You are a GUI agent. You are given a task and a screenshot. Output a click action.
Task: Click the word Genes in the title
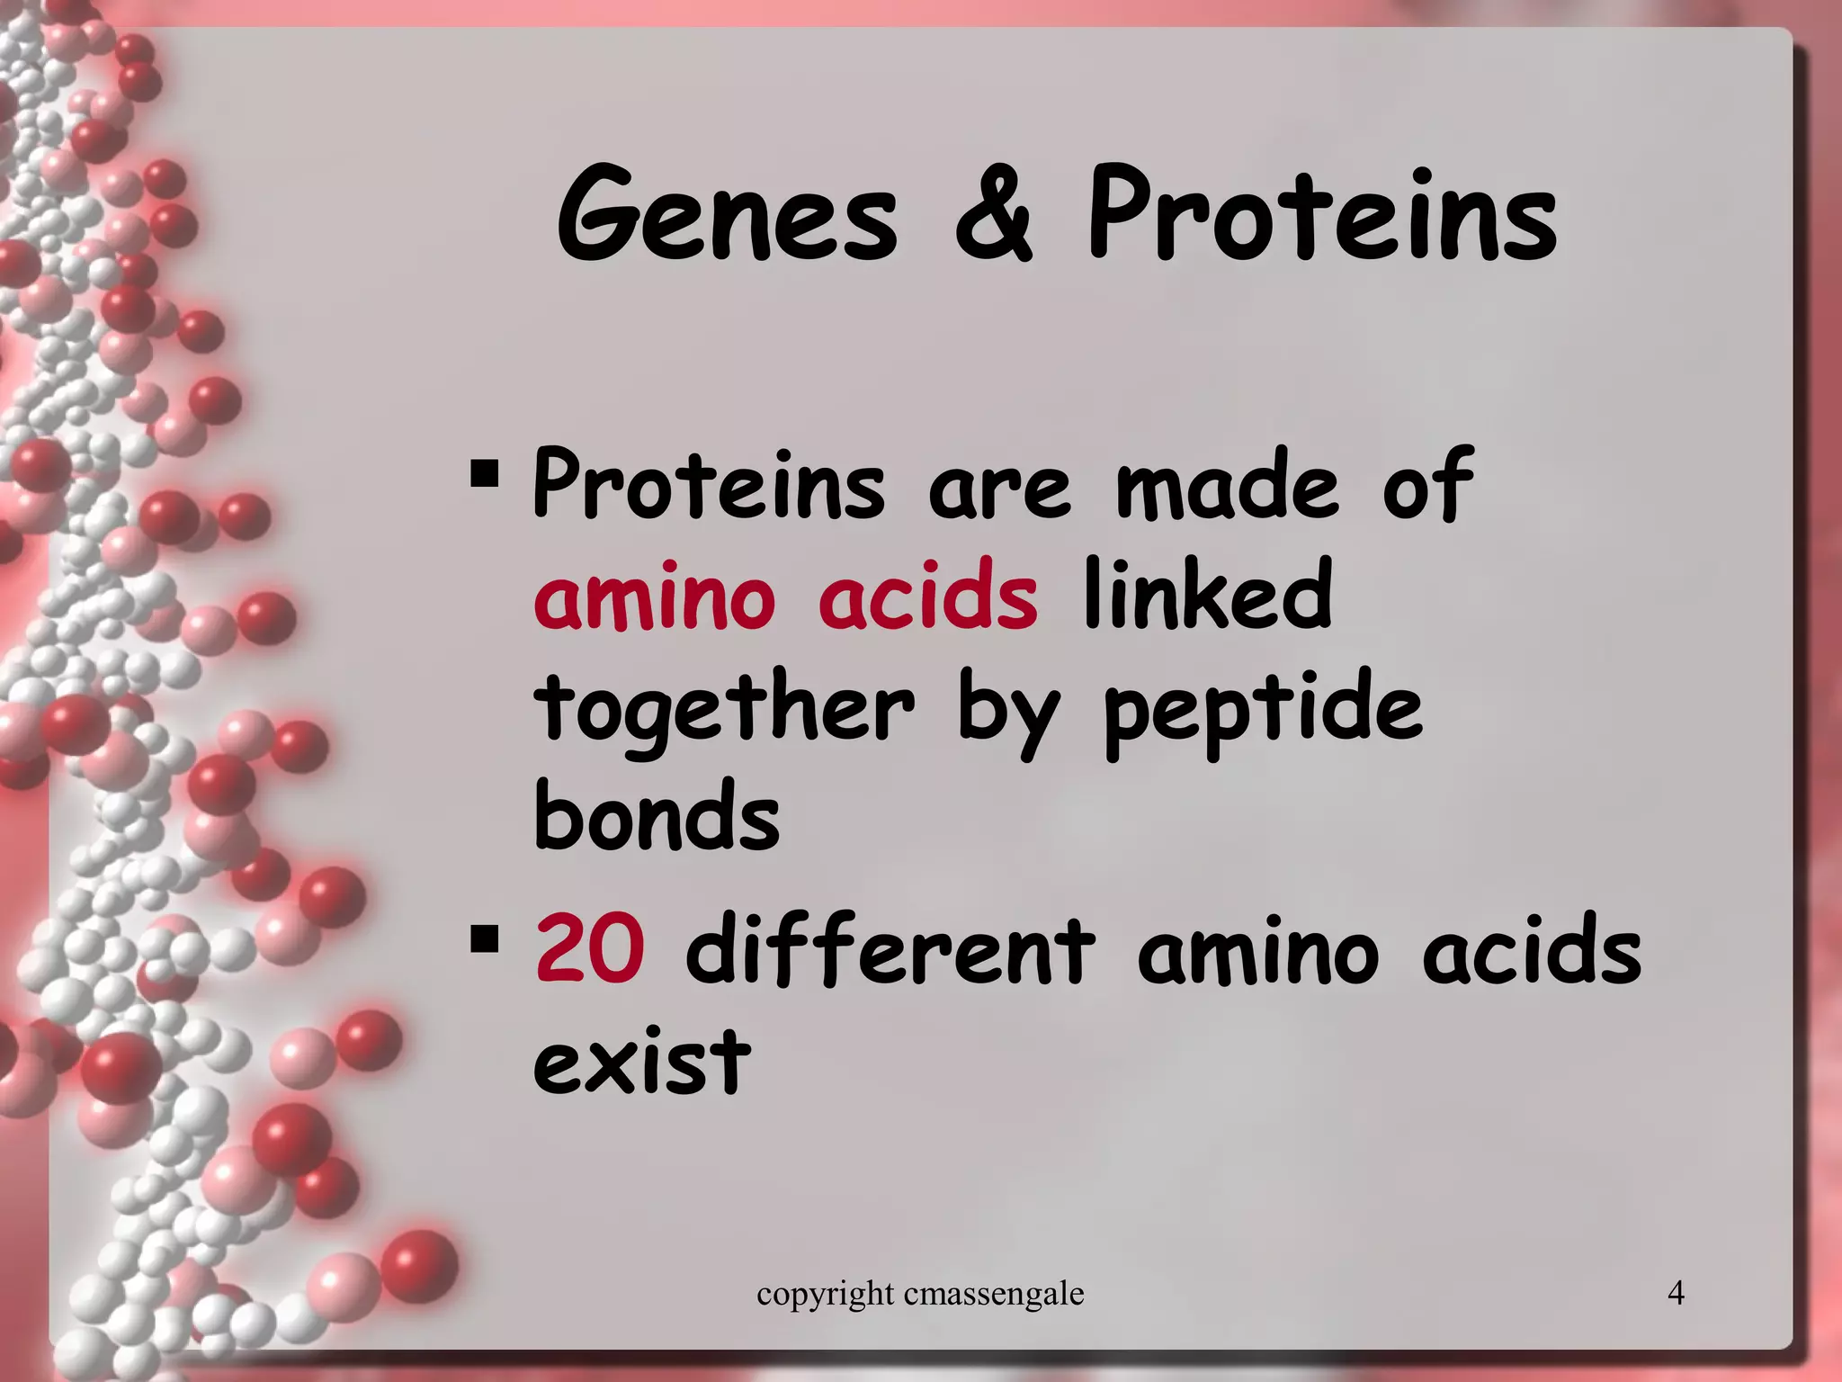point(728,216)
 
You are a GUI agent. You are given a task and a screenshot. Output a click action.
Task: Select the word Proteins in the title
point(1322,216)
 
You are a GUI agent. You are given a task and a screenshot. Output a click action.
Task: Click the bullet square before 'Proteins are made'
point(484,473)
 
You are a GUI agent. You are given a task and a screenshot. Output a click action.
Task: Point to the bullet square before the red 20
point(484,939)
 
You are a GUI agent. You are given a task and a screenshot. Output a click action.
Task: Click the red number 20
point(590,949)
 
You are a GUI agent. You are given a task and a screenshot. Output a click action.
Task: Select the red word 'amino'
point(654,597)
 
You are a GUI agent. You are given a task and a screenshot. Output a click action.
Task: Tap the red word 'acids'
point(928,597)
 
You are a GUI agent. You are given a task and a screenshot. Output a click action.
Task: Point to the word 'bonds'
point(657,817)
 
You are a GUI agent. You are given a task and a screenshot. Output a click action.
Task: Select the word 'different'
point(890,949)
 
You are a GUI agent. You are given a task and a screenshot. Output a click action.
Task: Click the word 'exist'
point(641,1062)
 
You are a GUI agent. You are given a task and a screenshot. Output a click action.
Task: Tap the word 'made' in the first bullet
point(1227,486)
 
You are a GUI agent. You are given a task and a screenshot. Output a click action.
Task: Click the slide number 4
point(1676,1293)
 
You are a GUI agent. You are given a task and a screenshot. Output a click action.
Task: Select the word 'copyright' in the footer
point(825,1295)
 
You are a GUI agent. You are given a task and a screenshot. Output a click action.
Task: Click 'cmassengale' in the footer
point(994,1295)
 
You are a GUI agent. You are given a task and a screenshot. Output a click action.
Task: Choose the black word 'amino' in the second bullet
point(1257,952)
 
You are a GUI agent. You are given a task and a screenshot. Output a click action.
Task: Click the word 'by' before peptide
point(1008,715)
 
